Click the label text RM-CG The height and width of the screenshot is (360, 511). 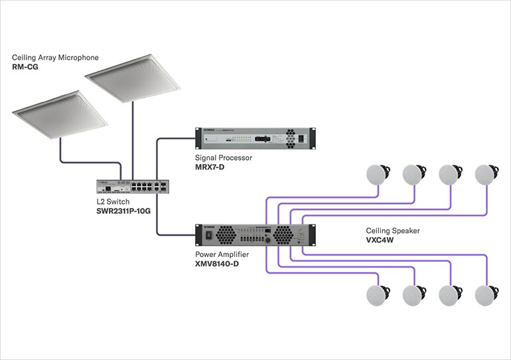(x=26, y=68)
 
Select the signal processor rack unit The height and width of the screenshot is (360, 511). (x=253, y=139)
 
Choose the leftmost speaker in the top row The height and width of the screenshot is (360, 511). (x=378, y=174)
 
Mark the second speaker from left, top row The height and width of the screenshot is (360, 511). (x=414, y=174)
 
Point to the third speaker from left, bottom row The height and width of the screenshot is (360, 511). (x=450, y=294)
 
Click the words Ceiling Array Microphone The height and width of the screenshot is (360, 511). (x=56, y=58)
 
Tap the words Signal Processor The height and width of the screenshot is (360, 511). (x=224, y=159)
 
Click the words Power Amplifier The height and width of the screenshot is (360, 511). (x=222, y=254)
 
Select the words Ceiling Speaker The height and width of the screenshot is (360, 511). (x=393, y=230)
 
